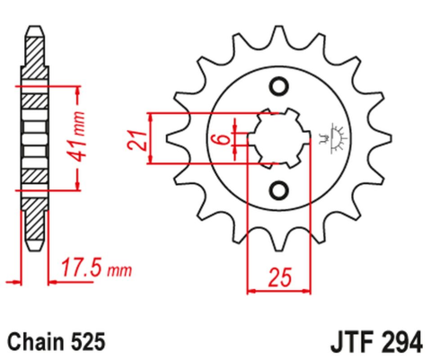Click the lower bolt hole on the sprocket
pos(279,190)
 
